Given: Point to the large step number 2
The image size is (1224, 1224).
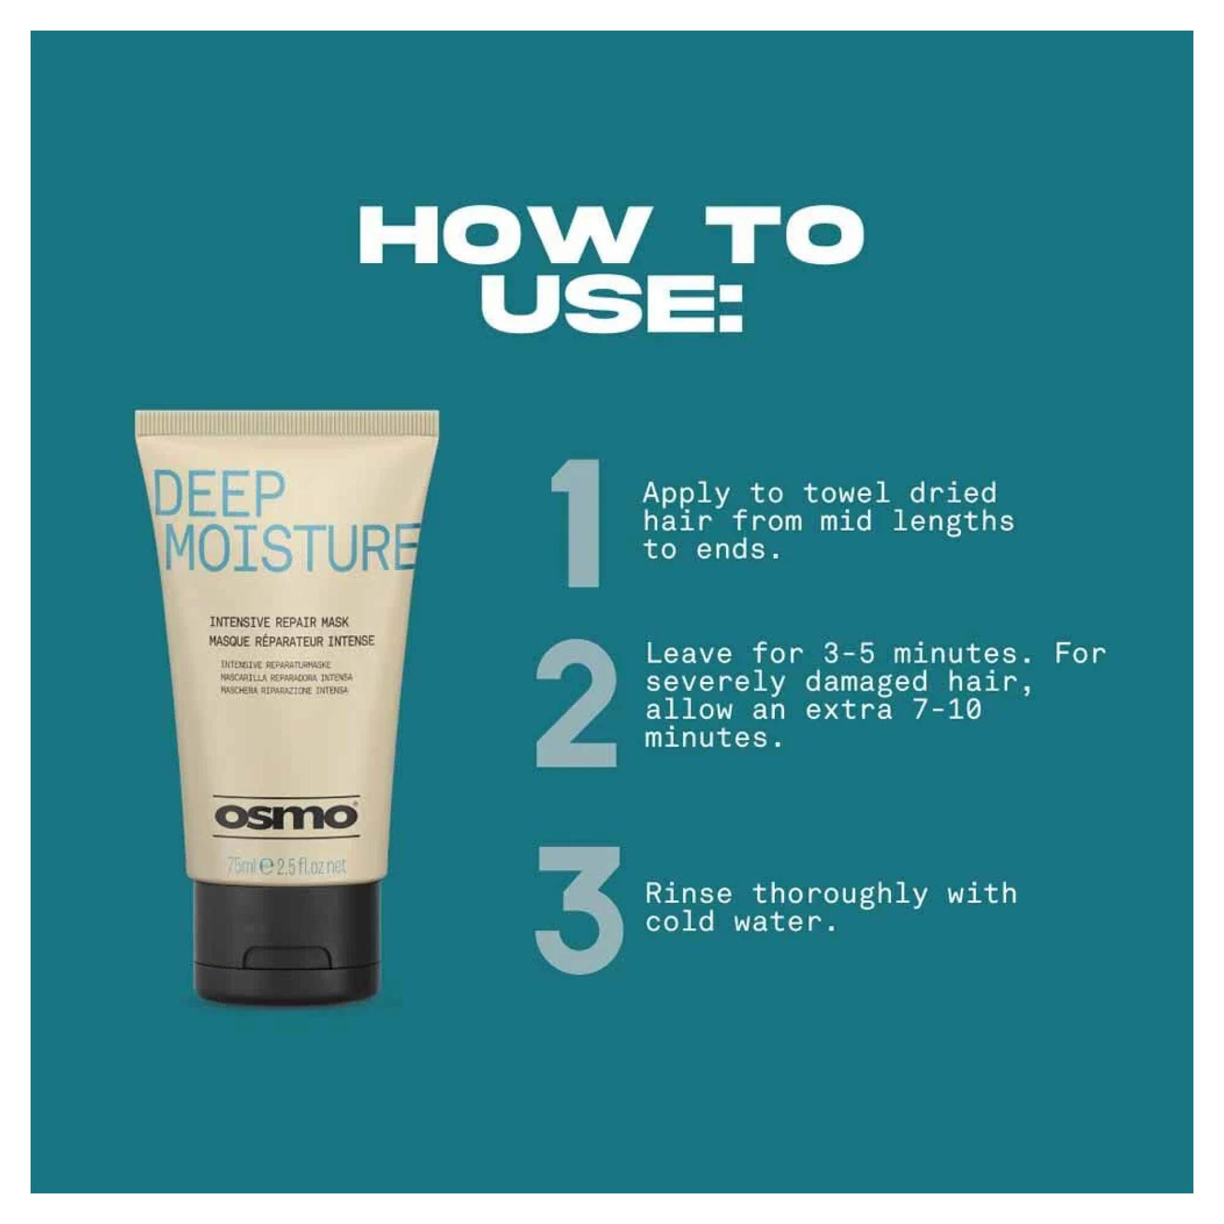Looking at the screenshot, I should click(x=576, y=703).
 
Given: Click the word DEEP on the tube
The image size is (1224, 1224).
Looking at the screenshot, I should click(x=218, y=496).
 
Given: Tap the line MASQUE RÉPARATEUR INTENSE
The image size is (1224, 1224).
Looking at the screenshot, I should click(x=291, y=641).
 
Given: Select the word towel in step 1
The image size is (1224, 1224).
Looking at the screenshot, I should click(x=846, y=493).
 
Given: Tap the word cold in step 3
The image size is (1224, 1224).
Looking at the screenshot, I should click(x=680, y=922).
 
